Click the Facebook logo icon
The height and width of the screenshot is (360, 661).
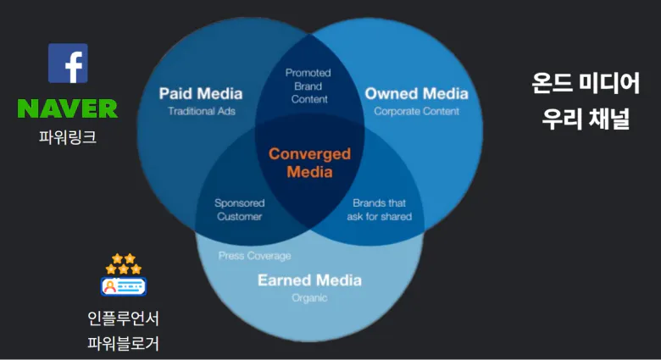click(68, 64)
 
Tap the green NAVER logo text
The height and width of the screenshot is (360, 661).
click(68, 108)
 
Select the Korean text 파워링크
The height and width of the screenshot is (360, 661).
click(68, 137)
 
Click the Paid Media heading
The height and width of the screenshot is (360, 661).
click(201, 93)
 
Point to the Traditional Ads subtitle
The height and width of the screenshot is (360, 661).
click(202, 111)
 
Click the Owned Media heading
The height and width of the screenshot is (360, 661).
click(416, 93)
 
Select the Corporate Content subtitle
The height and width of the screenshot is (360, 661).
click(416, 111)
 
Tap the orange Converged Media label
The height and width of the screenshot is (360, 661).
click(310, 163)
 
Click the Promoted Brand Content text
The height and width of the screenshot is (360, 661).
click(308, 86)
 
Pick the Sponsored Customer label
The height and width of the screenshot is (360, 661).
click(240, 209)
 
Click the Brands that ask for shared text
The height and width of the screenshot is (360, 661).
click(380, 209)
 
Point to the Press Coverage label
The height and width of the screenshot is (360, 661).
click(254, 256)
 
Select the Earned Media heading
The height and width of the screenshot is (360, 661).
click(310, 280)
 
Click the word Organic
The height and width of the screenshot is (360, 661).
click(309, 298)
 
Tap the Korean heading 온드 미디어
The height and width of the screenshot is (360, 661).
click(586, 83)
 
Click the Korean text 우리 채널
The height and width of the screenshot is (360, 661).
click(586, 119)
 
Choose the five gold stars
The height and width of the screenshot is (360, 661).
click(124, 263)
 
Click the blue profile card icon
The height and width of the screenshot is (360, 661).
click(124, 286)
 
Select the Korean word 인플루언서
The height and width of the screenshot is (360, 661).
click(123, 318)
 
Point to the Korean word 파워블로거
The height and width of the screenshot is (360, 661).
click(123, 343)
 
